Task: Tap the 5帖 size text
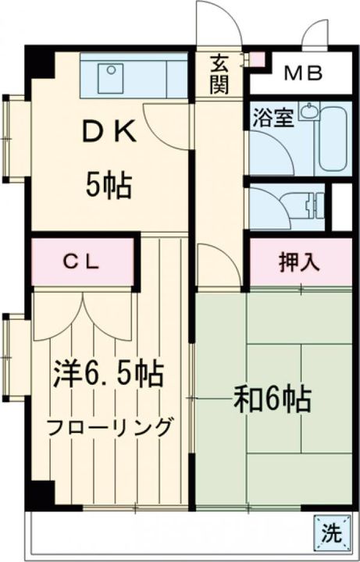pyautogui.click(x=109, y=186)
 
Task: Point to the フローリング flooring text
pyautogui.click(x=109, y=427)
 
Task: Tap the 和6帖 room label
pyautogui.click(x=273, y=400)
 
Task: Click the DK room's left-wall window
pyautogui.click(x=14, y=137)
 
